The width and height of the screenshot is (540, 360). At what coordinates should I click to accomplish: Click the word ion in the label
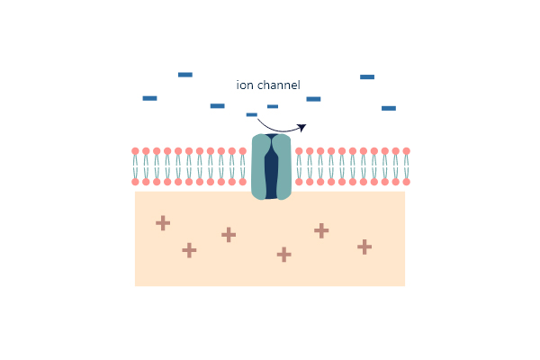(245, 85)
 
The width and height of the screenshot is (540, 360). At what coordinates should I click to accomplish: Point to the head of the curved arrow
(302, 128)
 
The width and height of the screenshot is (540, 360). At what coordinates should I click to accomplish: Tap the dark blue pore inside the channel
(272, 166)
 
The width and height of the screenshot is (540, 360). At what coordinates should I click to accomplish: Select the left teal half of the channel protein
(259, 166)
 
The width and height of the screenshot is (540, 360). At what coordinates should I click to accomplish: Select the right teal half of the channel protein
(283, 166)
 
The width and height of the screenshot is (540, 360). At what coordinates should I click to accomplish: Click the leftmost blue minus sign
(149, 98)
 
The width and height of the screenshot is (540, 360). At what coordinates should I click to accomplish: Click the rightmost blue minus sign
(389, 108)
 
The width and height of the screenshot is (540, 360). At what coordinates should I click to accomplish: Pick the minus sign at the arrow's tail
(252, 114)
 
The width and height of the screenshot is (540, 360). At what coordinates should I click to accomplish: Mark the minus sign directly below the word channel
(273, 106)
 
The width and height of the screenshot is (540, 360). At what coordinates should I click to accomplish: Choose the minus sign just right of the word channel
(313, 99)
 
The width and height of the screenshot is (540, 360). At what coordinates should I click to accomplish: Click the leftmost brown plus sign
(163, 223)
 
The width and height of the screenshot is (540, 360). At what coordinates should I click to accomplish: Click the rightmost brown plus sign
(364, 247)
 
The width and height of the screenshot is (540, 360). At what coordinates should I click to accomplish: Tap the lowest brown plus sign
(284, 255)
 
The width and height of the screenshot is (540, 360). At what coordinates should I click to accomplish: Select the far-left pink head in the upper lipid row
(135, 151)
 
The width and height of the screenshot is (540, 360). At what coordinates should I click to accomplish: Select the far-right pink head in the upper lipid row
(407, 151)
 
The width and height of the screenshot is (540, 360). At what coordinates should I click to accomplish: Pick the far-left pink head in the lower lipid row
(135, 182)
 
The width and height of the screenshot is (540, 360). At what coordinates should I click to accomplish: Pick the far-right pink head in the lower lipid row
(407, 182)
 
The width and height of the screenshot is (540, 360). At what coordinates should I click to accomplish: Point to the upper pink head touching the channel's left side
(243, 151)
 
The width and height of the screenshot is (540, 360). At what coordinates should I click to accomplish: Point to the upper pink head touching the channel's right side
(299, 151)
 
